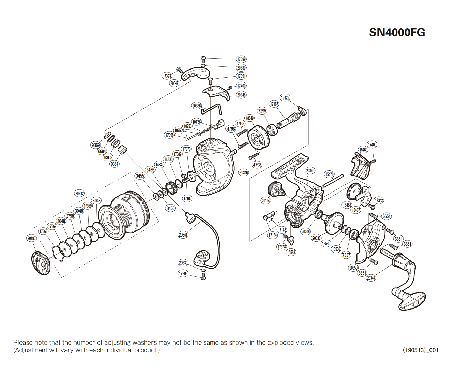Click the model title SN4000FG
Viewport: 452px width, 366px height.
(x=397, y=32)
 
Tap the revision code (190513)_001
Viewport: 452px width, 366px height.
(x=420, y=350)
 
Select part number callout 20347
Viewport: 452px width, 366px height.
(x=174, y=83)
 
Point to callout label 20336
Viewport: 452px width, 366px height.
(x=196, y=106)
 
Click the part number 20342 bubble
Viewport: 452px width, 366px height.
(x=79, y=194)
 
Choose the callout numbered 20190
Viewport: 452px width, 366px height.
(x=31, y=238)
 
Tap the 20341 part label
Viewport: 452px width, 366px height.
(x=183, y=235)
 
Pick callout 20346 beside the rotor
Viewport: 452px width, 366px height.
(x=244, y=173)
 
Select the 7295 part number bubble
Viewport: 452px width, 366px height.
(x=262, y=111)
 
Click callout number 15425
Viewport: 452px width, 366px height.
(x=285, y=98)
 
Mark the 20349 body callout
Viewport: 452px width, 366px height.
(x=310, y=171)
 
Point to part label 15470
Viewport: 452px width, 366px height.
(x=329, y=174)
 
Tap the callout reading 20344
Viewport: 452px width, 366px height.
(x=371, y=278)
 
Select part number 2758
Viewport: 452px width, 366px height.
(x=70, y=216)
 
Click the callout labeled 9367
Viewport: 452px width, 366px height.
(x=114, y=164)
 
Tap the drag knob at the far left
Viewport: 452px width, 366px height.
(x=41, y=263)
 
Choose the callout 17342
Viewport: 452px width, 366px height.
(x=379, y=200)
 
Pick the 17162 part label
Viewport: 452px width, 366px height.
(x=187, y=199)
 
